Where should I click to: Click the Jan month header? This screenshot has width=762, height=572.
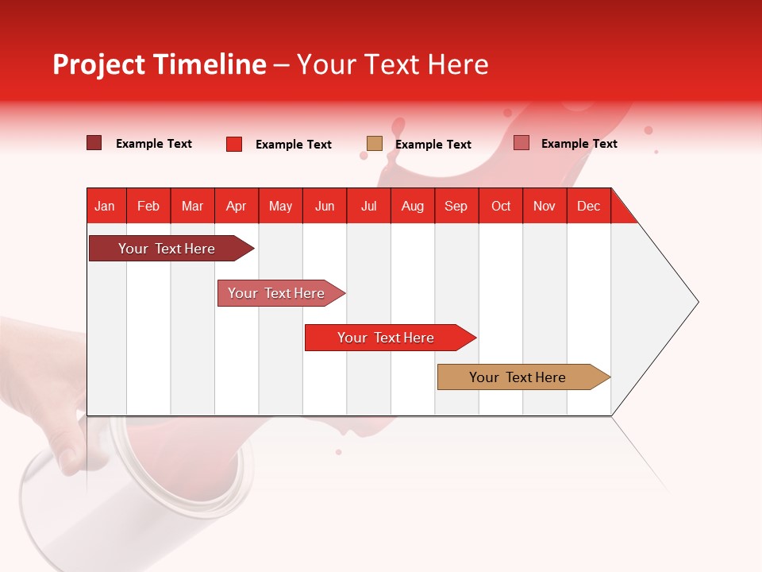tap(105, 206)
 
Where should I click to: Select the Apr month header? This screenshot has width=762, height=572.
tap(236, 206)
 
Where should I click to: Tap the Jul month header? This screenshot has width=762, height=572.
tap(368, 206)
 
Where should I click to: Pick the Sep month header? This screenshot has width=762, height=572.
tap(456, 206)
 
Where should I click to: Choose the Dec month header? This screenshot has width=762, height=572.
tap(588, 206)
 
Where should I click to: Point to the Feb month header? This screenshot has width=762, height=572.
tap(148, 206)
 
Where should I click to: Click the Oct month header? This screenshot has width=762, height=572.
tap(501, 206)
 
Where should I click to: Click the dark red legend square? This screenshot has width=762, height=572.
tap(94, 143)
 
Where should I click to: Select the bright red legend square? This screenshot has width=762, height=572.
tap(234, 144)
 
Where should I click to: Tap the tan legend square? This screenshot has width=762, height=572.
tap(375, 144)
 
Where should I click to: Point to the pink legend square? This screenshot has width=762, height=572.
tap(521, 143)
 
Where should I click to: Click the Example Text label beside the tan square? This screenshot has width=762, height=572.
tap(433, 145)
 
